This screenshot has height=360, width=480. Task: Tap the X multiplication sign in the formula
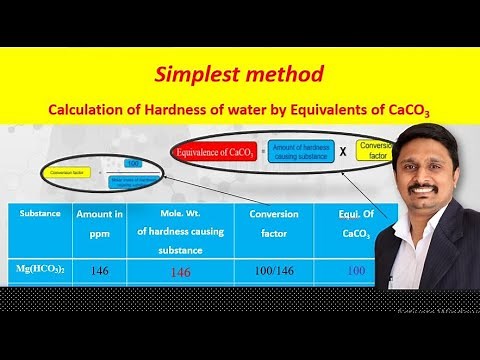343,152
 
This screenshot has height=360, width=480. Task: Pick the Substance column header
40,214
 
